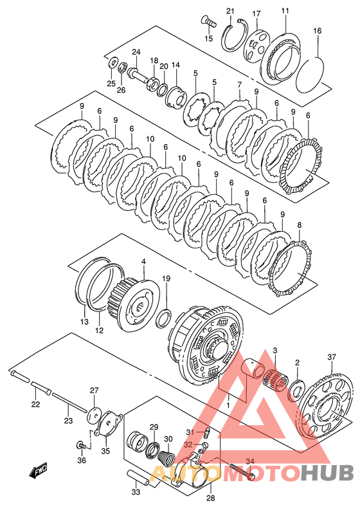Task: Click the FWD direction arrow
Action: tap(38, 470)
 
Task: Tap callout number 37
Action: tap(332, 356)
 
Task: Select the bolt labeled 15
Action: tap(209, 22)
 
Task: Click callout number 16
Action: tap(317, 31)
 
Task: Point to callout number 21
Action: tap(230, 11)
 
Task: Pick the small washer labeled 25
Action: tap(113, 62)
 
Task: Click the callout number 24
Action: tap(136, 52)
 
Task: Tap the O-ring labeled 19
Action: tap(164, 318)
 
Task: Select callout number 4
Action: tap(143, 261)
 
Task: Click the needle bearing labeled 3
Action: tap(276, 380)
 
